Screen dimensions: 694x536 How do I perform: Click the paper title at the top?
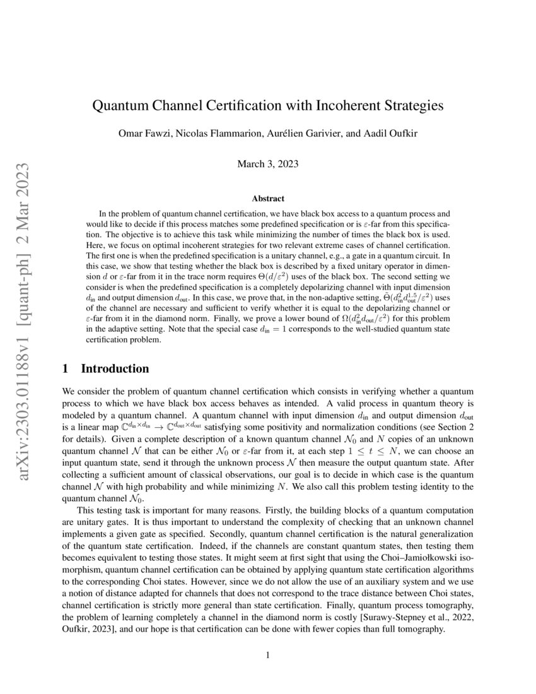[x=268, y=105]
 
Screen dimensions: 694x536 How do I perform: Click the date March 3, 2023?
[x=268, y=164]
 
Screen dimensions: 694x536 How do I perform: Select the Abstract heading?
[x=268, y=199]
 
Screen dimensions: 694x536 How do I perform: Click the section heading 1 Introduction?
[x=107, y=368]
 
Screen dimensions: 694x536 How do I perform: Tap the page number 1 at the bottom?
[x=268, y=656]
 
